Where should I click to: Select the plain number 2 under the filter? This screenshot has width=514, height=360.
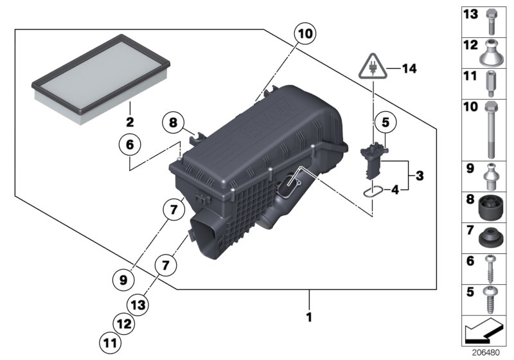coord(128,121)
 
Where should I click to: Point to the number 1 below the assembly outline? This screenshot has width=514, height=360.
coord(310,317)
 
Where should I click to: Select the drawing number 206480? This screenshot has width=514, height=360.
coord(490,353)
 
